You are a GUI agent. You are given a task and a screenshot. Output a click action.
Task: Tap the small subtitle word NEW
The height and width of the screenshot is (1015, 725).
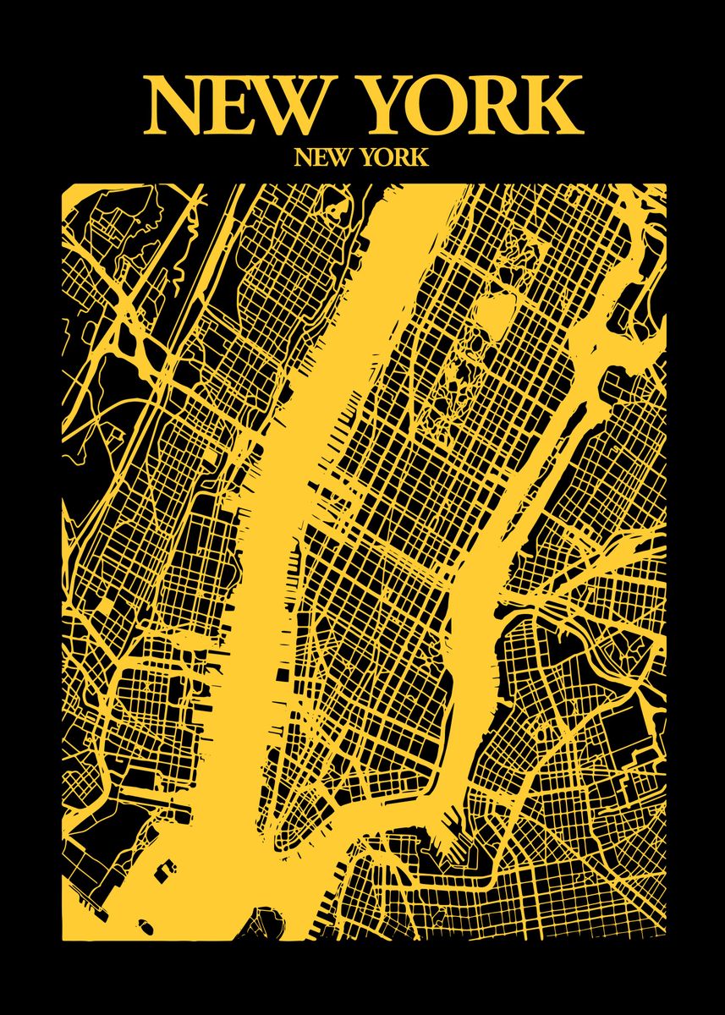(x=320, y=157)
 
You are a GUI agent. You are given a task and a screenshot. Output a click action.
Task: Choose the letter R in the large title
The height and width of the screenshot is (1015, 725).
(x=501, y=106)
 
